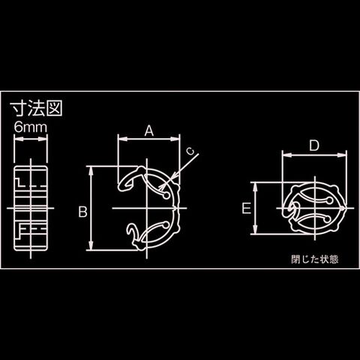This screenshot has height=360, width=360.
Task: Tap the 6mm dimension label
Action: click(31, 127)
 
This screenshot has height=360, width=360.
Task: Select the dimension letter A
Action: click(149, 130)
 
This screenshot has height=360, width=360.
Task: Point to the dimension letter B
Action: click(83, 211)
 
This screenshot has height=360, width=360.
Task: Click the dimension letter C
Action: click(190, 151)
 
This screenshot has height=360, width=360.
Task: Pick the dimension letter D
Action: click(314, 145)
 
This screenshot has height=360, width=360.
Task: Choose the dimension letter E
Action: click(247, 208)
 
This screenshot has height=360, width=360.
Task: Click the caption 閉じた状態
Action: click(315, 259)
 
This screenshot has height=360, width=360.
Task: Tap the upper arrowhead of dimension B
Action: click(91, 170)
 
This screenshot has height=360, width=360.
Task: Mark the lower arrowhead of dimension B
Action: click(91, 245)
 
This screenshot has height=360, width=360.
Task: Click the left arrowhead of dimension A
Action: click(122, 139)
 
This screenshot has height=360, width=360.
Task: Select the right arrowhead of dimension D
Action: click(342, 155)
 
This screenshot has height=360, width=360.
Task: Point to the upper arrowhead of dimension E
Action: click(255, 187)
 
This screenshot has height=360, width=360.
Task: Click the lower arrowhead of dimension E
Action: click(255, 229)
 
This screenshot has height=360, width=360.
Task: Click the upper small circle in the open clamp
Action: click(166, 196)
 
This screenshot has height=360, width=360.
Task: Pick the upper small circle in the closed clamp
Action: click(330, 200)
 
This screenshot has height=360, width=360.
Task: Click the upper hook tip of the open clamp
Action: click(120, 187)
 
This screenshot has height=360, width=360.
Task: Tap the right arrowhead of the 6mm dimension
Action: click(43, 139)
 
